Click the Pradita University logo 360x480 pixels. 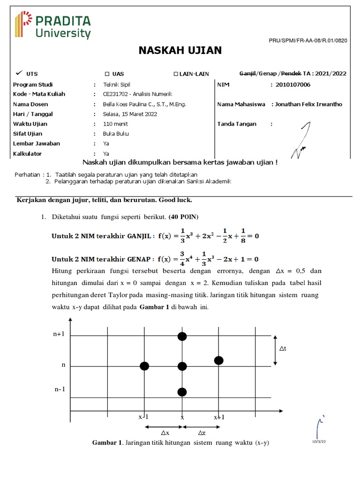(x=52, y=25)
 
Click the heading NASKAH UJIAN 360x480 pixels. (x=180, y=51)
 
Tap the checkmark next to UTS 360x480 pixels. (x=19, y=73)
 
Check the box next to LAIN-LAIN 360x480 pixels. (x=176, y=74)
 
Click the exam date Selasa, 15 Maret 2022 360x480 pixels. (x=130, y=114)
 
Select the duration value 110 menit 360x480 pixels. (x=115, y=124)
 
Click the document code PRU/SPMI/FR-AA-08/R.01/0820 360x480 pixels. (x=307, y=41)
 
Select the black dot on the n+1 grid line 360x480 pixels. (x=182, y=336)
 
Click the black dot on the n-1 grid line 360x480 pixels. (x=182, y=392)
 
